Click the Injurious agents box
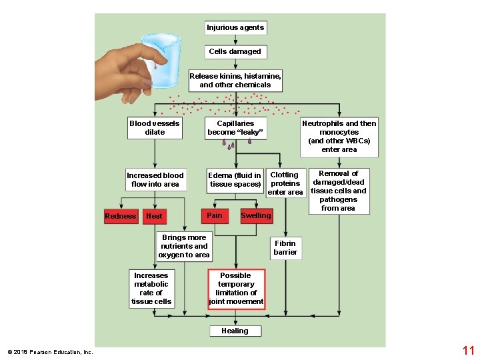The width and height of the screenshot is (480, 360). click(x=235, y=28)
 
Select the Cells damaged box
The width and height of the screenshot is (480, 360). click(x=235, y=51)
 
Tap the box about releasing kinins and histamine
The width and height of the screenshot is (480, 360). click(x=235, y=81)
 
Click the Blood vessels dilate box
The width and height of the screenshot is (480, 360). click(x=155, y=128)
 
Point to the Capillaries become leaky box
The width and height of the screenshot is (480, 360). click(x=235, y=128)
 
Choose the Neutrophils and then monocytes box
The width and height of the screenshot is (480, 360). click(x=339, y=137)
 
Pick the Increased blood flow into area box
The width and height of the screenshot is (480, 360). click(x=155, y=180)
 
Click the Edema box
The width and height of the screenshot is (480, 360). click(x=235, y=180)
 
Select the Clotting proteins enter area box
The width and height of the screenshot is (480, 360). click(x=285, y=183)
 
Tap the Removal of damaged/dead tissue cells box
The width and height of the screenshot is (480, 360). click(x=339, y=191)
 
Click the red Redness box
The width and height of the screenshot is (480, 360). click(x=121, y=216)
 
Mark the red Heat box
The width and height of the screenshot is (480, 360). click(x=154, y=216)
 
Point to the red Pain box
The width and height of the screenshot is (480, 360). click(x=215, y=215)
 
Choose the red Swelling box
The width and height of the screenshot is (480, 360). click(x=256, y=215)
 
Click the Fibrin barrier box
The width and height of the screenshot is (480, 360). click(x=285, y=248)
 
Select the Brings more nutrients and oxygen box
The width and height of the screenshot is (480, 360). click(x=184, y=246)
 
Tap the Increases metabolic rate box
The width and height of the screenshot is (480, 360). click(x=151, y=289)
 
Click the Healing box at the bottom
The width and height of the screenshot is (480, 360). click(x=235, y=331)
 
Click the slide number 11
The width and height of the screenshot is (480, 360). click(x=468, y=350)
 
